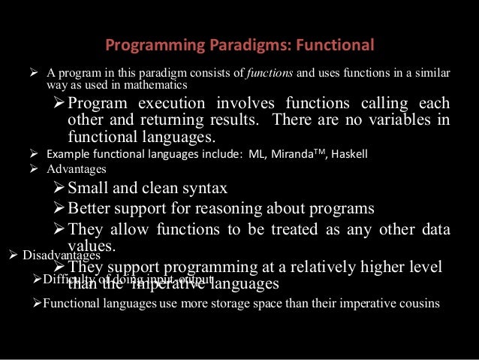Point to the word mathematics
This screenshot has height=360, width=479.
click(153, 85)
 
